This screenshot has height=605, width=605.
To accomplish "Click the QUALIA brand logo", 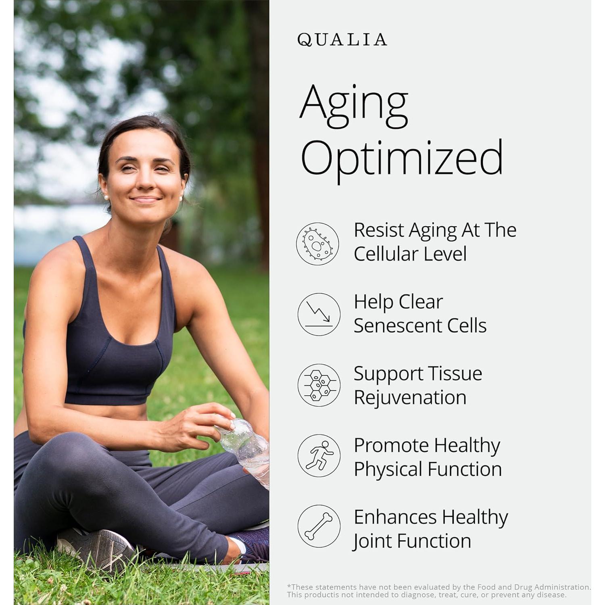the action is pyautogui.click(x=342, y=40).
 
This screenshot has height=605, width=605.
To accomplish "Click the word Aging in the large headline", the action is pyautogui.click(x=354, y=106).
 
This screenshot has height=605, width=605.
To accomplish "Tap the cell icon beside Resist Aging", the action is pyautogui.click(x=318, y=244).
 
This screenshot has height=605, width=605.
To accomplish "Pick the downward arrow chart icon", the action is pyautogui.click(x=319, y=314).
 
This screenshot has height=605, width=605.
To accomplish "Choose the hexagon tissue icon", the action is pyautogui.click(x=319, y=385).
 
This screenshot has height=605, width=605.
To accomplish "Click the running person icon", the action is pyautogui.click(x=319, y=455).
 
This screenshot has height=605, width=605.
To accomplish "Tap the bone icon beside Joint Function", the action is pyautogui.click(x=319, y=526).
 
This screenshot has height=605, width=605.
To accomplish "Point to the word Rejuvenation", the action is pyautogui.click(x=410, y=398).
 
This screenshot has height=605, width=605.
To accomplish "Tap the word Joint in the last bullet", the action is pyautogui.click(x=372, y=541).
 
